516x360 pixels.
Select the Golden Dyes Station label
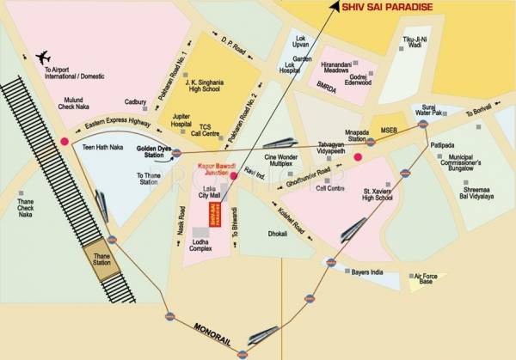tap(151, 152)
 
